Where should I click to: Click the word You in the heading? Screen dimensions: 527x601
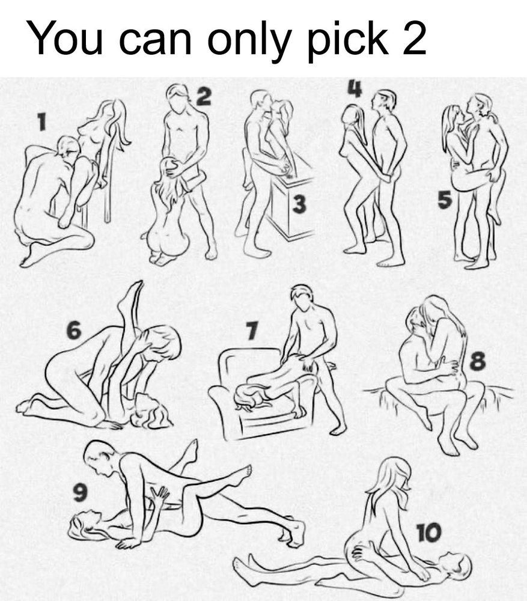(x=64, y=38)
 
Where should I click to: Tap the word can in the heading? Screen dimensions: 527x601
(x=156, y=41)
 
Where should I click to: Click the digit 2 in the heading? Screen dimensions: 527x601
(x=413, y=38)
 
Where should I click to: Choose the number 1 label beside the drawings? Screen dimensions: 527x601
(x=42, y=123)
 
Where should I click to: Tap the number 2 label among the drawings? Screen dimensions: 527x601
(x=204, y=96)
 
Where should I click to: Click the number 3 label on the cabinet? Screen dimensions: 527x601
(x=300, y=204)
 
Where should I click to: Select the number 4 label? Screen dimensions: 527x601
(x=355, y=88)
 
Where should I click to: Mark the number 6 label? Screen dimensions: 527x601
(x=73, y=331)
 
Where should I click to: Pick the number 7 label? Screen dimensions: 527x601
(x=251, y=331)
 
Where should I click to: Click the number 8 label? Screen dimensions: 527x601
(x=478, y=361)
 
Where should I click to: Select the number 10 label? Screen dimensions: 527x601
(x=429, y=532)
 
